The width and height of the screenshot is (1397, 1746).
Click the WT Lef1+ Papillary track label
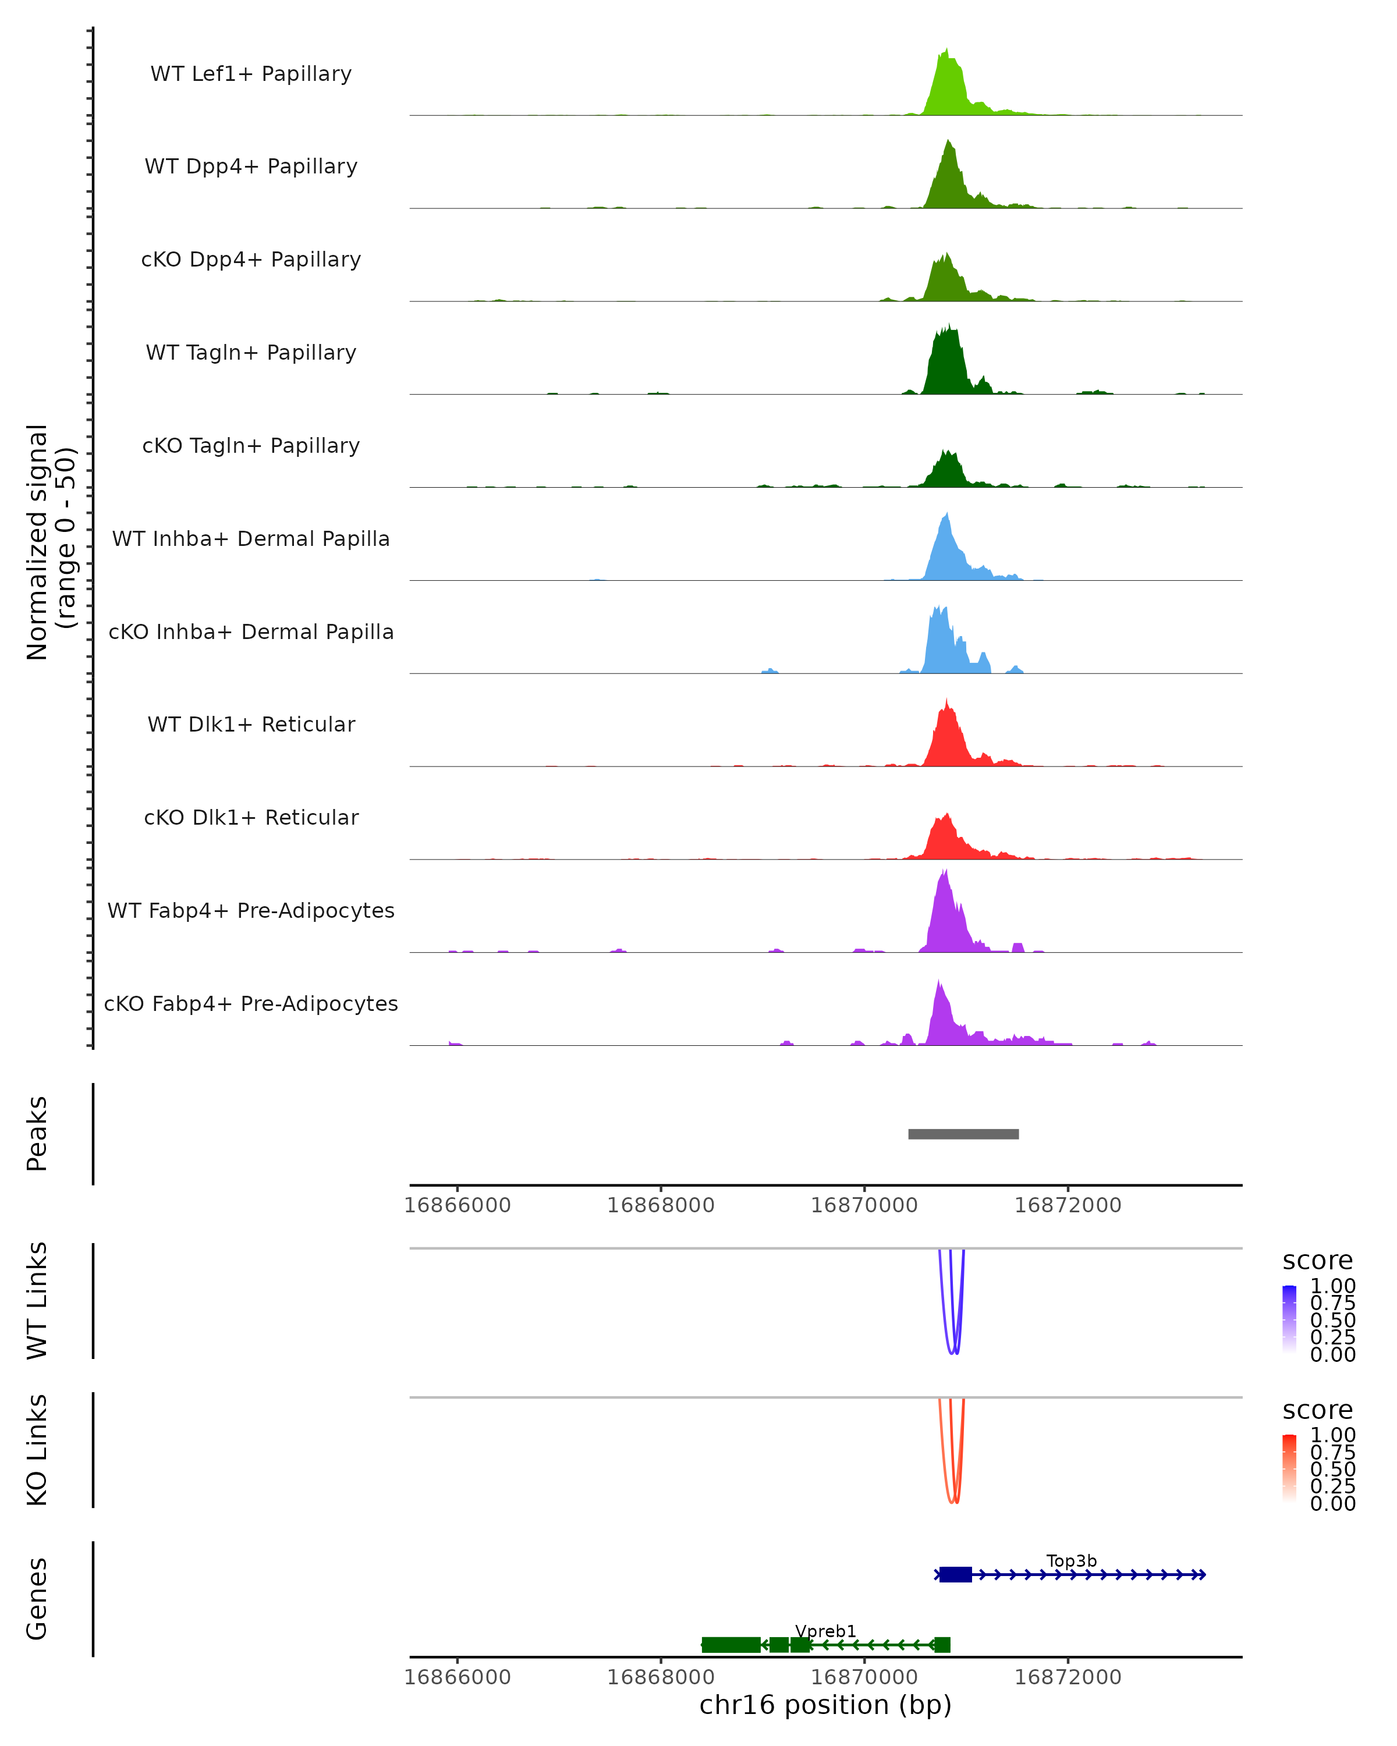tap(251, 74)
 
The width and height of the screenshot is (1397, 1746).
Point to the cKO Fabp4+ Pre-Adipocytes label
tap(251, 1003)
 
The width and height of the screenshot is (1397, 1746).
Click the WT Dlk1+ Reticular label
tap(251, 724)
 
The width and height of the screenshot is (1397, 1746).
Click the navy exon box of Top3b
tap(955, 1575)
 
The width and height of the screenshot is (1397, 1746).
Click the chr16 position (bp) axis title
tap(825, 1705)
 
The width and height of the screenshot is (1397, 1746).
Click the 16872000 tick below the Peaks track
tap(1068, 1205)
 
